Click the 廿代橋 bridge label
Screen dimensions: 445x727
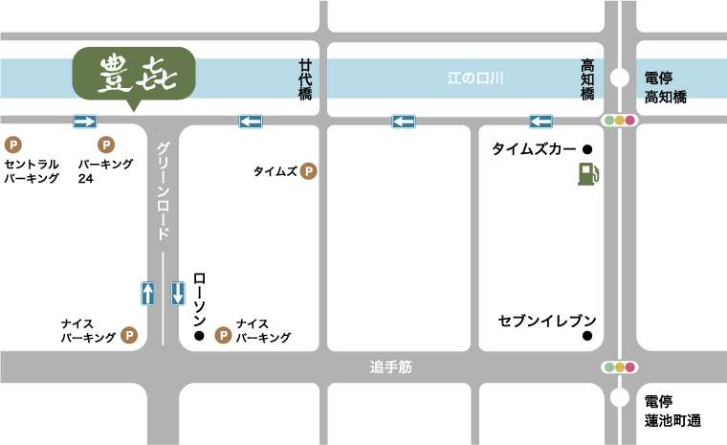305,79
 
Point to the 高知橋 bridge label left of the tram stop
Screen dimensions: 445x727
588,79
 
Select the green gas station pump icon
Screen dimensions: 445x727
588,173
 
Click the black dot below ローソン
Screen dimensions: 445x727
199,337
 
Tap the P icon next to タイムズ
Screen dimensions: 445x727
308,172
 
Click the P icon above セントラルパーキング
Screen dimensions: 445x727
13,145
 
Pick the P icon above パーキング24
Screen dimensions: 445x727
107,145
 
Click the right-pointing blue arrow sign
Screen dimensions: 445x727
85,122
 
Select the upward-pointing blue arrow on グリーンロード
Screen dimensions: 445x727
147,293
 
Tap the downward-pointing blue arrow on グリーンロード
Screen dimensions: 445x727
178,293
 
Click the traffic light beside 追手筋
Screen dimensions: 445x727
619,367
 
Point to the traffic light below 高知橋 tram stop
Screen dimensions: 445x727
619,122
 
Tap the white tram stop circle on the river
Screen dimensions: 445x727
620,78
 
